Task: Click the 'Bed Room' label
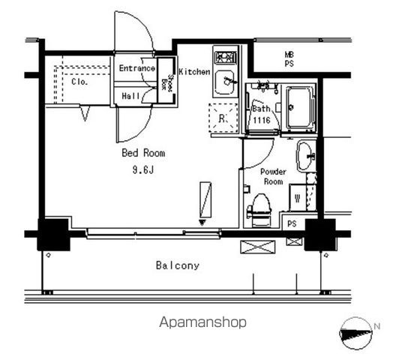[x=143, y=153]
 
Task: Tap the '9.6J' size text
[x=144, y=169]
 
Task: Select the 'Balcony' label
[x=178, y=265]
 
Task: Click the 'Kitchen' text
[x=193, y=72]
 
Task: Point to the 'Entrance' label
[x=137, y=69]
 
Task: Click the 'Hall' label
[x=130, y=95]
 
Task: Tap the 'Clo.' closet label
[x=80, y=82]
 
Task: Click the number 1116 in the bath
[x=260, y=120]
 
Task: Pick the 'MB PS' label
[x=289, y=59]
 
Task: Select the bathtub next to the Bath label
[x=300, y=107]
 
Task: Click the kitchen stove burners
[x=225, y=56]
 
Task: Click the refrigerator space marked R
[x=222, y=118]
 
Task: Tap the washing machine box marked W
[x=298, y=198]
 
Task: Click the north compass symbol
[x=357, y=329]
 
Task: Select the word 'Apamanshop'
[x=202, y=322]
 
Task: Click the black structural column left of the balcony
[x=54, y=234]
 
